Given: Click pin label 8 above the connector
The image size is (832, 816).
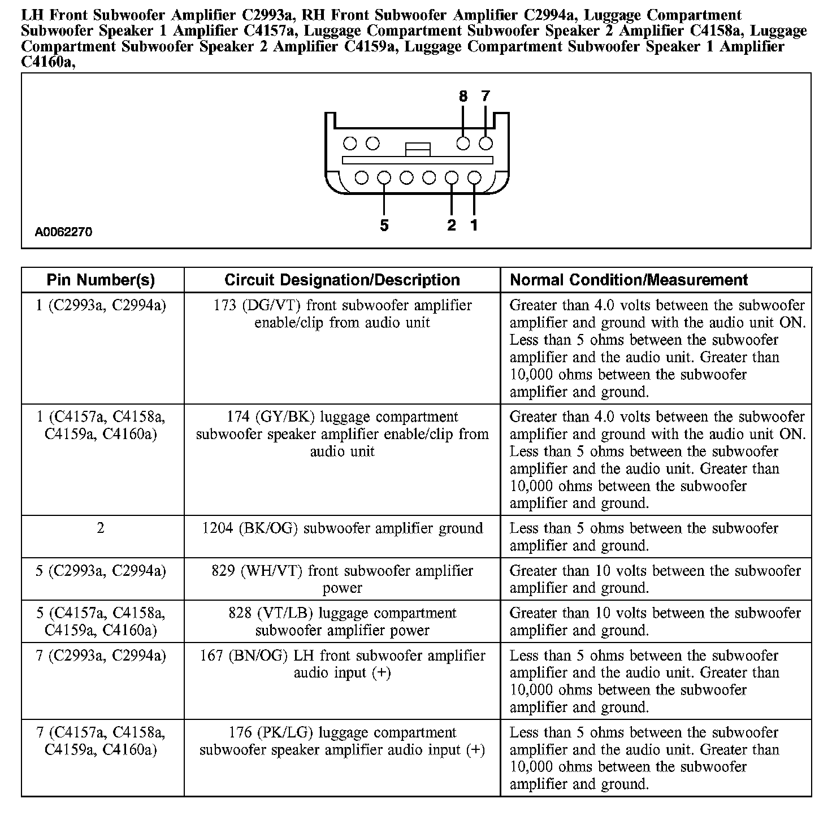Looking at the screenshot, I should pyautogui.click(x=463, y=97).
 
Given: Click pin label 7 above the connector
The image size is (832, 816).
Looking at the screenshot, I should pyautogui.click(x=486, y=97).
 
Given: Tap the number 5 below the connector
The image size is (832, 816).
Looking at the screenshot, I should pyautogui.click(x=384, y=226).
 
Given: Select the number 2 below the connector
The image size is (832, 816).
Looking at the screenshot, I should pyautogui.click(x=451, y=225).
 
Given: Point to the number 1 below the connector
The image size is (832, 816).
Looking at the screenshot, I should pyautogui.click(x=474, y=225).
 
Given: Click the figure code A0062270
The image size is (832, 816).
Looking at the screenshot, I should pyautogui.click(x=63, y=232).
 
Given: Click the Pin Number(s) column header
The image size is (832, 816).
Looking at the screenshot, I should pyautogui.click(x=101, y=280).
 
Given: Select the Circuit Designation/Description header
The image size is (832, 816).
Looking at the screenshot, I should pyautogui.click(x=342, y=280).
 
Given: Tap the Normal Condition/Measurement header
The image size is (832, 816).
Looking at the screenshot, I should pyautogui.click(x=629, y=280).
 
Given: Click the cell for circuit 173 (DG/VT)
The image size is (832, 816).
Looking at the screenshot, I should pyautogui.click(x=342, y=314).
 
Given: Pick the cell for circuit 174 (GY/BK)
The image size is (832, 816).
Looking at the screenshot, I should pyautogui.click(x=342, y=434).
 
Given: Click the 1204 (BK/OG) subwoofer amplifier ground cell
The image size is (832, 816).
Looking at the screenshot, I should pyautogui.click(x=342, y=528).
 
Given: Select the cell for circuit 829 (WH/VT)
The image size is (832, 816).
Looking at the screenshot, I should pyautogui.click(x=342, y=579).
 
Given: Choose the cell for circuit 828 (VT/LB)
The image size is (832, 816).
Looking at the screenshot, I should pyautogui.click(x=342, y=622).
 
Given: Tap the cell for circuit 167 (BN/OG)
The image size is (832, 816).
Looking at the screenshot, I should pyautogui.click(x=342, y=664).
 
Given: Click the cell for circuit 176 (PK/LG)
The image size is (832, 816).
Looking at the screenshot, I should pyautogui.click(x=342, y=741).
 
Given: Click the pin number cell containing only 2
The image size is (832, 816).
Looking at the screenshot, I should pyautogui.click(x=101, y=528).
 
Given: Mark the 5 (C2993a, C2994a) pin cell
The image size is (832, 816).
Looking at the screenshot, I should pyautogui.click(x=101, y=571).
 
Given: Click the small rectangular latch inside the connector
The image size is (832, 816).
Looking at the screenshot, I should pyautogui.click(x=418, y=149).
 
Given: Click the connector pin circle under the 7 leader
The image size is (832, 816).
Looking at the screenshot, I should pyautogui.click(x=486, y=144).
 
